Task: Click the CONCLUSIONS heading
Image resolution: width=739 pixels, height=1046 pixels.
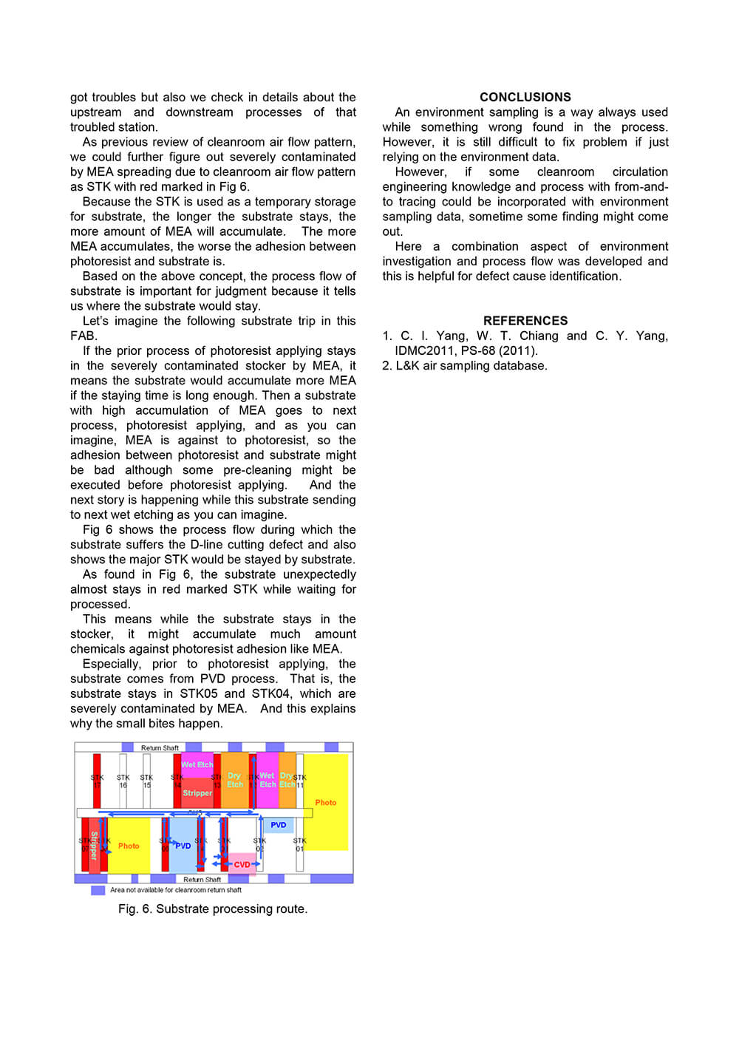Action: pos(525,97)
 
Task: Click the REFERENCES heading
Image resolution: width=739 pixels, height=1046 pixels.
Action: pos(525,321)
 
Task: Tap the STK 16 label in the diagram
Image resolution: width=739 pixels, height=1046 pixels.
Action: pos(123,781)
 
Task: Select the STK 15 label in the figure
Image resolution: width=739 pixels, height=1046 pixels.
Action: pos(146,781)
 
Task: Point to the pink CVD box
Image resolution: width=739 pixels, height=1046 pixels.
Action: pos(242,864)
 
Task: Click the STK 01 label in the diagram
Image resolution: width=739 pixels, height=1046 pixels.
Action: pos(299,844)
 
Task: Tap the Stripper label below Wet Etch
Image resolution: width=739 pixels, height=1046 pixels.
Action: pos(197,793)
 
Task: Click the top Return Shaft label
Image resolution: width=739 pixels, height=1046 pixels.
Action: pos(160,748)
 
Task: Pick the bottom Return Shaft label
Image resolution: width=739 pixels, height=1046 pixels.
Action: pos(202,880)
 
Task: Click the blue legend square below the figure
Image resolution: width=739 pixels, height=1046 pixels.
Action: pos(98,891)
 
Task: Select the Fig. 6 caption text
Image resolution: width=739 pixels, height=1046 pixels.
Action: pos(213,909)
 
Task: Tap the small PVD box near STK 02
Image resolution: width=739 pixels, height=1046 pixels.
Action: pos(278,825)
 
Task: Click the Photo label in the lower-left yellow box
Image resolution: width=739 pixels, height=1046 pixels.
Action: pos(129,846)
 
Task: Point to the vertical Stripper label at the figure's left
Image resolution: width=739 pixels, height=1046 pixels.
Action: pos(94,846)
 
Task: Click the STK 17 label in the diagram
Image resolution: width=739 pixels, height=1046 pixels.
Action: pos(97,781)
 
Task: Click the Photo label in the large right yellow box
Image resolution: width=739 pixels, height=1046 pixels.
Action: pos(325,803)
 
